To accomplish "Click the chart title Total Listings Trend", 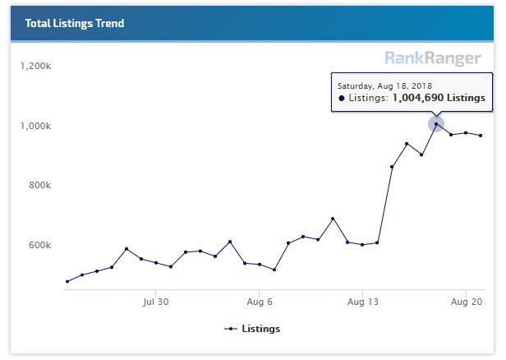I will coord(75,24).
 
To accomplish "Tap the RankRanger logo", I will coord(433,58).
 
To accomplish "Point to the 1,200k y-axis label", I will coord(36,66).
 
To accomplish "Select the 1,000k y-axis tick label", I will coord(36,126).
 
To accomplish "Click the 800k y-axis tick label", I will coord(39,186).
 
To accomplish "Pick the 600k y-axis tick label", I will coord(39,245).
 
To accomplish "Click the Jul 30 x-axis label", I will coord(155,302).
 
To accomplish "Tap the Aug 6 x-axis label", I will coord(259,302).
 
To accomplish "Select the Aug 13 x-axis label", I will coord(362,302).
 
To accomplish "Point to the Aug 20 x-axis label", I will coord(466,302).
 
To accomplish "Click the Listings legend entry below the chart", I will coord(253,329).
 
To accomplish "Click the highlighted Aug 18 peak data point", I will coord(436,124).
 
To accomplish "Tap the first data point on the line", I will coord(67,281).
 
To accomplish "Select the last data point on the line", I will coord(481,136).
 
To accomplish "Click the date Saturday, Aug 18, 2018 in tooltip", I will coord(385,85).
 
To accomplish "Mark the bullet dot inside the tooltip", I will coord(342,98).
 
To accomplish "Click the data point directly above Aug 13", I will coord(362,245).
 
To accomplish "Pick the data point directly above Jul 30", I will coord(156,263).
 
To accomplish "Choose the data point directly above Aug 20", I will coord(466,133).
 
